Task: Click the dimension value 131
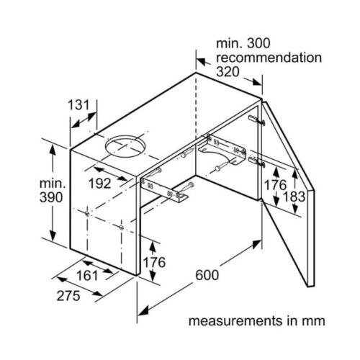tap(78, 105)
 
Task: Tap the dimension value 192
tap(100, 184)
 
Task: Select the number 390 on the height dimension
tap(51, 197)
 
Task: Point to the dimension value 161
tap(87, 275)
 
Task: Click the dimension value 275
tap(68, 296)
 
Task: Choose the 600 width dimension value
tap(207, 275)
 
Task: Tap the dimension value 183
tap(294, 197)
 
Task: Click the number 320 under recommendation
tap(228, 71)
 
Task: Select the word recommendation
tap(269, 58)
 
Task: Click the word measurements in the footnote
tap(235, 321)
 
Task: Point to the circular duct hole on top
tap(125, 147)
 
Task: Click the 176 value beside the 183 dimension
tap(275, 185)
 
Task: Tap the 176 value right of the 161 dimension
tap(154, 262)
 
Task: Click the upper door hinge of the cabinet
tap(257, 120)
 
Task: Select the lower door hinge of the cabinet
tap(257, 162)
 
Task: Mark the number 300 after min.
tap(258, 43)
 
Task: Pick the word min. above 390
tap(53, 184)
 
